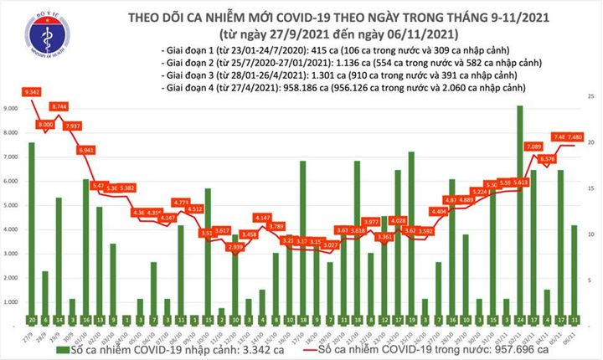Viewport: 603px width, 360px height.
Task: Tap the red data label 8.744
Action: tap(59, 107)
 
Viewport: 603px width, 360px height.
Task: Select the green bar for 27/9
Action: tap(32, 226)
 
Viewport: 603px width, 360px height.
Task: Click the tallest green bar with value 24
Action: tap(520, 209)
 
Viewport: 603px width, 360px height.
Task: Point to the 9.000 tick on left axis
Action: tap(11, 109)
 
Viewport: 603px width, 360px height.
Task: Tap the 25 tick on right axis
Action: tap(591, 98)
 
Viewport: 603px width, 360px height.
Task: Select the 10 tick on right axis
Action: tap(591, 234)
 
